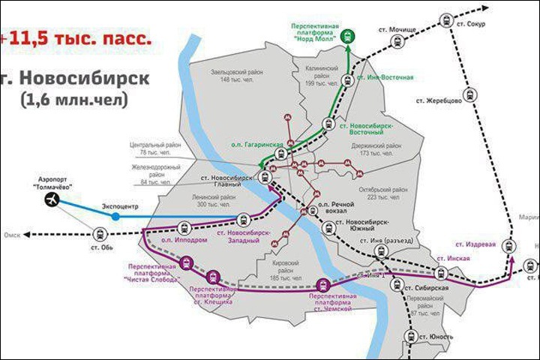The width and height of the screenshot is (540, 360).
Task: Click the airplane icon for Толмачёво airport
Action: pos(52,200)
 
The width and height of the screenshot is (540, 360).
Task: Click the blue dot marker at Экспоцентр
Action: pos(115,216)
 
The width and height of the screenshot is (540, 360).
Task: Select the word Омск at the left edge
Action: pos(10,235)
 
